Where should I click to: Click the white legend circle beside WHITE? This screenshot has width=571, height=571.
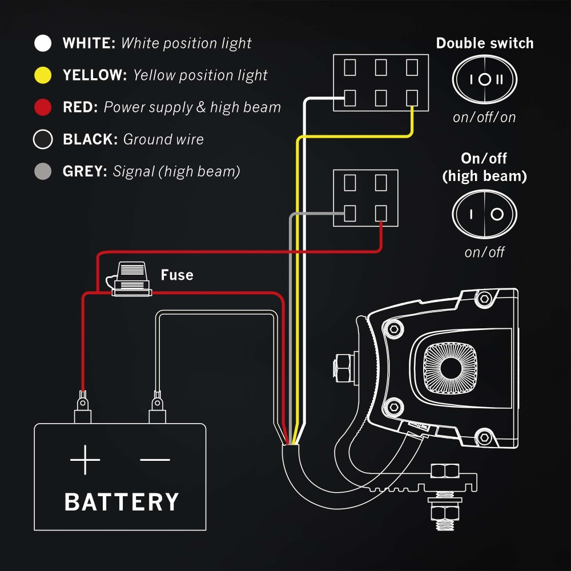[x=43, y=43]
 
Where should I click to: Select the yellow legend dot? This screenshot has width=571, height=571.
[x=43, y=75]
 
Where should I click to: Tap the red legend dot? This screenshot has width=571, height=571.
[x=43, y=107]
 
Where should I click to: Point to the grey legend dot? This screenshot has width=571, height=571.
[x=43, y=171]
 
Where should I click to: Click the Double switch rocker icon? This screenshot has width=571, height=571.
[x=484, y=80]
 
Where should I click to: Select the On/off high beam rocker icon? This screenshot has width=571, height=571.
[x=484, y=214]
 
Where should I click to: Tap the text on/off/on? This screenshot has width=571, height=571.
[x=484, y=118]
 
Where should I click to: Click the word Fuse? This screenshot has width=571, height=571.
[x=177, y=275]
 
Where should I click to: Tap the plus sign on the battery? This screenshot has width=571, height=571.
[x=85, y=459]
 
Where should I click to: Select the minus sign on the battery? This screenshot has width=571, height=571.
[x=155, y=459]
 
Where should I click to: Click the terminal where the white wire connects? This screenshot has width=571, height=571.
[x=350, y=98]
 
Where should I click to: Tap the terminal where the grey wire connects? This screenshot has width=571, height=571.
[x=350, y=214]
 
